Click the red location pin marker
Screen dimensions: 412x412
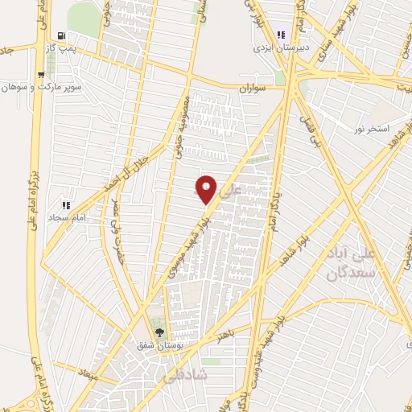[x=207, y=188]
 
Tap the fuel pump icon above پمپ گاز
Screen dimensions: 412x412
[x=63, y=36]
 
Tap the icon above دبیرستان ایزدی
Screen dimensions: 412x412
[x=281, y=35]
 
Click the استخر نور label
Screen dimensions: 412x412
[x=373, y=129]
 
